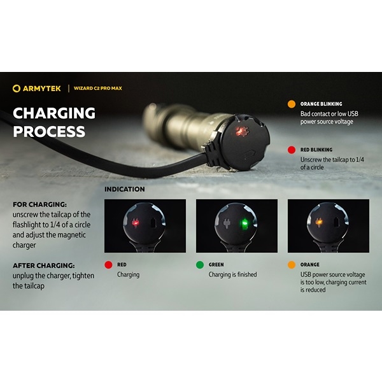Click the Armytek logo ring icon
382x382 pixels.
17,88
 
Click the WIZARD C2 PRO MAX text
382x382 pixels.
98,88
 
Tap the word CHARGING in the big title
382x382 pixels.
54,113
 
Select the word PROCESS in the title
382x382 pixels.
49,132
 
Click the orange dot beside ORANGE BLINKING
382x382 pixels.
292,104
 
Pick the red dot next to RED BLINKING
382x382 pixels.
292,150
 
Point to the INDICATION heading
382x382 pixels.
125,189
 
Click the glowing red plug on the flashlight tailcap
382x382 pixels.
240,132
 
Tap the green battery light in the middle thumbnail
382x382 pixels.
244,224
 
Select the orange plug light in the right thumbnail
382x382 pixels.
318,222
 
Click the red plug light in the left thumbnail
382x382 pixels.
135,223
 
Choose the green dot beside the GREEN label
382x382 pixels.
200,265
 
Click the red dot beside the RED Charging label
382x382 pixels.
108,265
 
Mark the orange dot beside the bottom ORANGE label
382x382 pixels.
292,265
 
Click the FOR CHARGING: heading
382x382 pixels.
39,204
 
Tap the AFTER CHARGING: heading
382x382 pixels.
44,265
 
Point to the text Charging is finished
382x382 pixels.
232,274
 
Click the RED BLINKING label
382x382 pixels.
316,150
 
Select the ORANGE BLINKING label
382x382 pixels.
321,104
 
